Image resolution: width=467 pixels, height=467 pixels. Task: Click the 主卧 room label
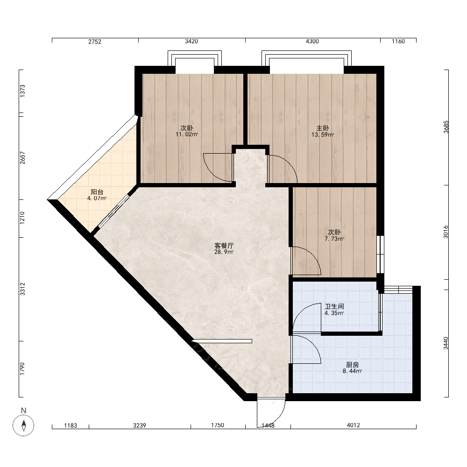pyautogui.click(x=323, y=128)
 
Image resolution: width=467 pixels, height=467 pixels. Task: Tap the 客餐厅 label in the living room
pyautogui.click(x=224, y=246)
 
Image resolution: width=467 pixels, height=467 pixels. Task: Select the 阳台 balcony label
pyautogui.click(x=97, y=192)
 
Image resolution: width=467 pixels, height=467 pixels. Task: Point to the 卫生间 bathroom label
pyautogui.click(x=334, y=306)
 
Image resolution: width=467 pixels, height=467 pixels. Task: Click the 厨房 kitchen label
pyautogui.click(x=352, y=365)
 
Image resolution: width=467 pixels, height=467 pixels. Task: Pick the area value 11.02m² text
pyautogui.click(x=187, y=134)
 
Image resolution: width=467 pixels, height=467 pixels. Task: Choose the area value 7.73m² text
pyautogui.click(x=334, y=239)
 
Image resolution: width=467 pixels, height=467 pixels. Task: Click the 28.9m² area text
pyautogui.click(x=224, y=252)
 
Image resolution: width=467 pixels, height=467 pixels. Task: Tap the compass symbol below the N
pyautogui.click(x=23, y=425)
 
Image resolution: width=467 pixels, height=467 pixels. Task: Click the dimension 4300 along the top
pyautogui.click(x=312, y=42)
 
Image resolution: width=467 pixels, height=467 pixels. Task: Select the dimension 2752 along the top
pyautogui.click(x=95, y=42)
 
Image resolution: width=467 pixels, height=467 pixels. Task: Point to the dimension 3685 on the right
pyautogui.click(x=446, y=127)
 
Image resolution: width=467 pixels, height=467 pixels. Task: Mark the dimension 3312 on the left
pyautogui.click(x=22, y=289)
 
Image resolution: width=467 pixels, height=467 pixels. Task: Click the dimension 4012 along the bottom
pyautogui.click(x=353, y=425)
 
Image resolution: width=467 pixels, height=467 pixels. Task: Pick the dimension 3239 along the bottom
pyautogui.click(x=139, y=425)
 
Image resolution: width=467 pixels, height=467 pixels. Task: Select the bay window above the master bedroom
pyautogui.click(x=306, y=58)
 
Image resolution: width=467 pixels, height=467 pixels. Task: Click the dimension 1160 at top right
pyautogui.click(x=398, y=42)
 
